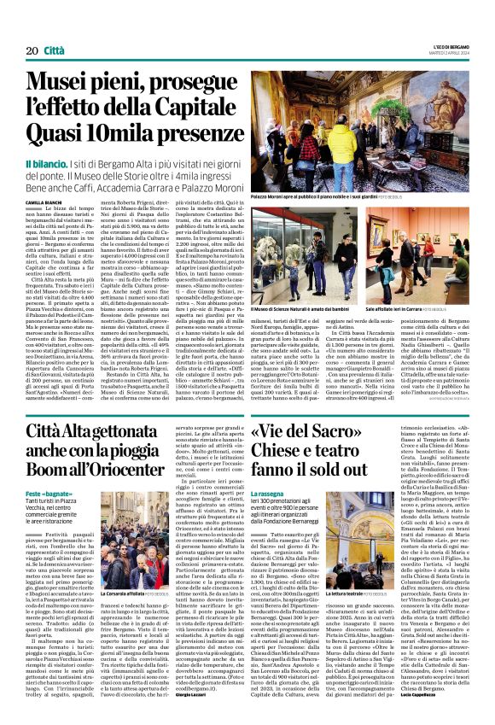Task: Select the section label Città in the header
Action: coord(54,28)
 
